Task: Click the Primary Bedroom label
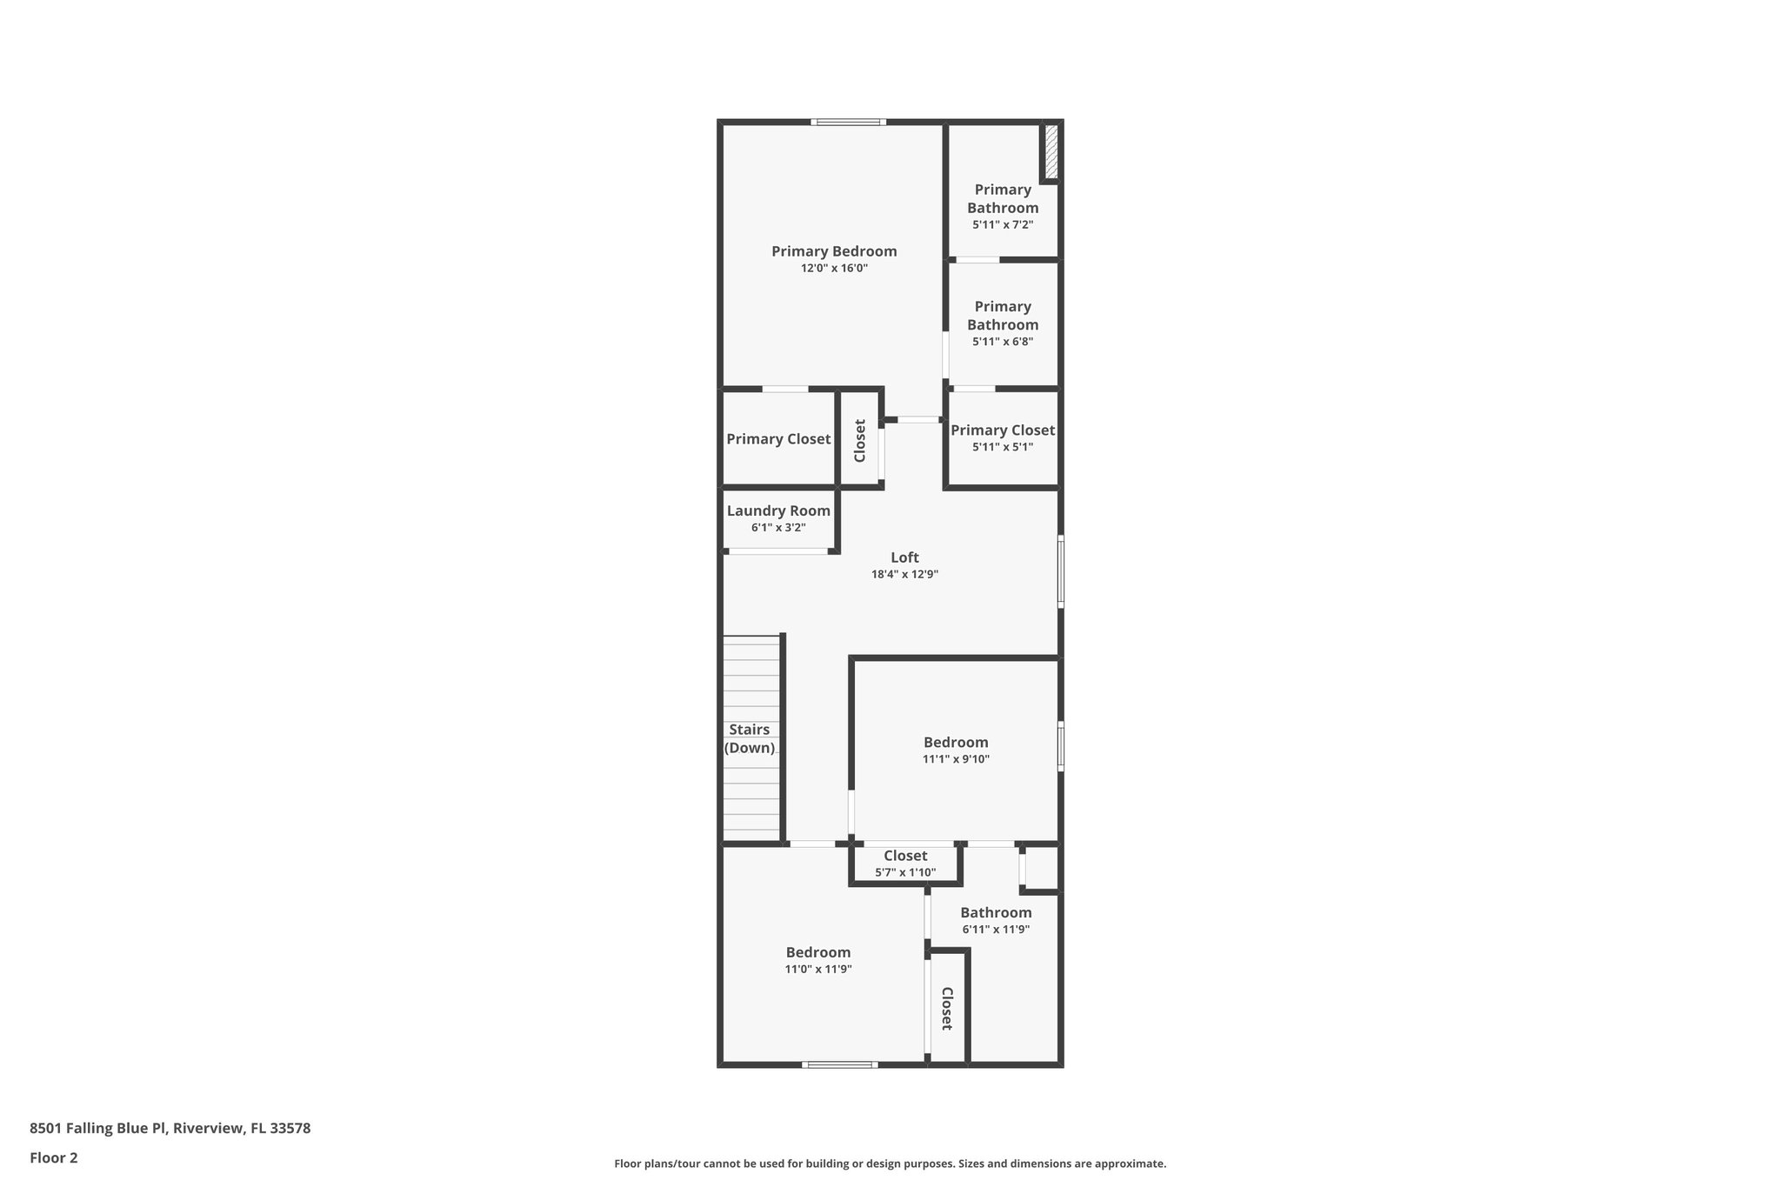coord(834,251)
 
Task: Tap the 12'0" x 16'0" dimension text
coord(834,269)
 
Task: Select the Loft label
coord(904,557)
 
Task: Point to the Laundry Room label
coord(778,511)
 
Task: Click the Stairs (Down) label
coord(750,738)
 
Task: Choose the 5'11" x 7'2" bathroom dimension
coord(1003,224)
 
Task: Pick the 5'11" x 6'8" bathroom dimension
coord(1003,342)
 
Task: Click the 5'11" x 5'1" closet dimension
coord(1003,447)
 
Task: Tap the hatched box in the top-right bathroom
coord(1051,151)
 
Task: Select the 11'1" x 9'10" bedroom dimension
coord(956,759)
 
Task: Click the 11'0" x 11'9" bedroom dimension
coord(817,969)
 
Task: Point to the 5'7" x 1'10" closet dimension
coord(905,872)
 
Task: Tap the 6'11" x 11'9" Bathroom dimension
coord(996,929)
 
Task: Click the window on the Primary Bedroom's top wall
coord(849,123)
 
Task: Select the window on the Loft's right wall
coord(1061,570)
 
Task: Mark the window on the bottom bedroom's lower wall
coord(839,1064)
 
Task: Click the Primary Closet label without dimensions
coord(778,439)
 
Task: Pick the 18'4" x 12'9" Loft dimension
coord(904,574)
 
